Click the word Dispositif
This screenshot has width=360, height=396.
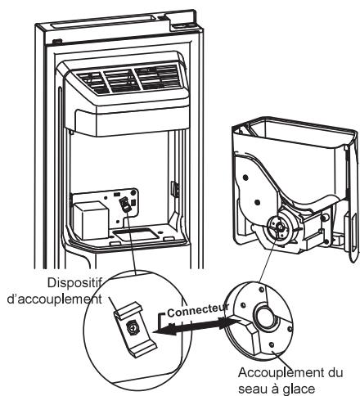pyautogui.click(x=74, y=283)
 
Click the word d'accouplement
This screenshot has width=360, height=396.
pyautogui.click(x=55, y=299)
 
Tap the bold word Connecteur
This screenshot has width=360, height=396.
pyautogui.click(x=198, y=310)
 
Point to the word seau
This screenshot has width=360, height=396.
pyautogui.click(x=252, y=389)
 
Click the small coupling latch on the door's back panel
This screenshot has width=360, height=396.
pyautogui.click(x=124, y=205)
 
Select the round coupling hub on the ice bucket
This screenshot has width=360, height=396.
pyautogui.click(x=278, y=226)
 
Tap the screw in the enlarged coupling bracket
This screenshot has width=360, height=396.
pyautogui.click(x=133, y=326)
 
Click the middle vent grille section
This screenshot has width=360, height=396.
pyautogui.click(x=121, y=80)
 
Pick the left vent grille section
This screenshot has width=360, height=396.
pyautogui.click(x=91, y=82)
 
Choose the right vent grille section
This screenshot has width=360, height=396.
pyautogui.click(x=157, y=78)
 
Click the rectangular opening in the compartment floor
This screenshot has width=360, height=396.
pyautogui.click(x=136, y=235)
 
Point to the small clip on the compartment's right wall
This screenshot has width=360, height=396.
pyautogui.click(x=175, y=188)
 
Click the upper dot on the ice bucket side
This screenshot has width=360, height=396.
pyautogui.click(x=245, y=178)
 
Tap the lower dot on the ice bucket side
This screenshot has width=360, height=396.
pyautogui.click(x=256, y=202)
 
